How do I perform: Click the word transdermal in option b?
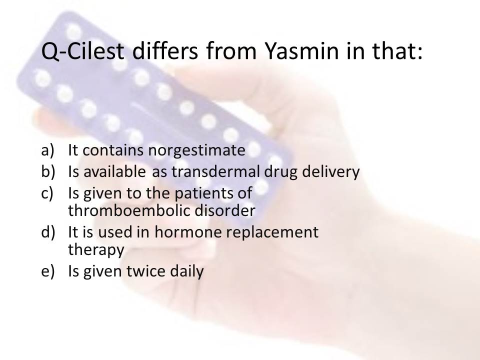(x=215, y=172)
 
